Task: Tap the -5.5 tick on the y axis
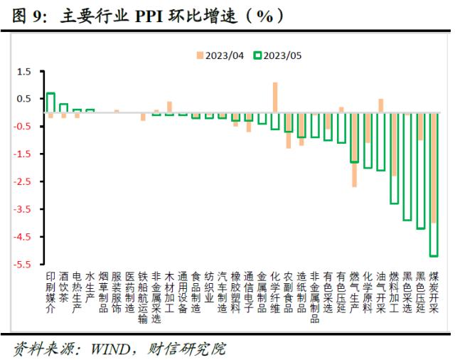click(x=23, y=265)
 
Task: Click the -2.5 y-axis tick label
click(x=23, y=182)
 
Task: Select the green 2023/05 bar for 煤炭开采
click(x=433, y=185)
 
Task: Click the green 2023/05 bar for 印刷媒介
click(x=50, y=103)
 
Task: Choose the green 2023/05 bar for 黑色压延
click(x=420, y=171)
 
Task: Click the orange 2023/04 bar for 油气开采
click(x=380, y=105)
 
